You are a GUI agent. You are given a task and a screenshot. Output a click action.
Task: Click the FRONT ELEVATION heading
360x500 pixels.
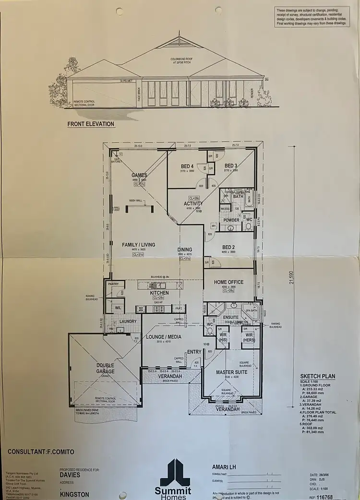pos(91,124)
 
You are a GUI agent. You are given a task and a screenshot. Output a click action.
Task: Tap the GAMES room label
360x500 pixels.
pos(139,175)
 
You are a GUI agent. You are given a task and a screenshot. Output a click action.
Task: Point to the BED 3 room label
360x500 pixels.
pos(231,166)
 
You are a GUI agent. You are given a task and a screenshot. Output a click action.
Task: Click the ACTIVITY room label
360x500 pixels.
pos(193,203)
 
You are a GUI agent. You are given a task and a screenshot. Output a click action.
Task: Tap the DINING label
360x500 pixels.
pos(184,250)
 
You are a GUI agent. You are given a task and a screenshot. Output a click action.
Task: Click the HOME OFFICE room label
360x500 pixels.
pos(228,282)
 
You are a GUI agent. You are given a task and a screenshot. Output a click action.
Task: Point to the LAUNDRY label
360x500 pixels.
pos(128,321)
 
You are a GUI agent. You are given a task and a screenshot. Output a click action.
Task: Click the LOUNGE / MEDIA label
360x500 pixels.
pos(164,337)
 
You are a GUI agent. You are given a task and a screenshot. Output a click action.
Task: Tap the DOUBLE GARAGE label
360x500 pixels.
pos(105,368)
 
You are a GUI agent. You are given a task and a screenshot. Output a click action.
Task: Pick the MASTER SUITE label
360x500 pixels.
pos(231,372)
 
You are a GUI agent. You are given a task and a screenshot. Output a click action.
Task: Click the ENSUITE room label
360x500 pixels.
pos(231,318)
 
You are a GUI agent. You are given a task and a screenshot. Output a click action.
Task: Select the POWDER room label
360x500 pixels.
pos(232,220)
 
